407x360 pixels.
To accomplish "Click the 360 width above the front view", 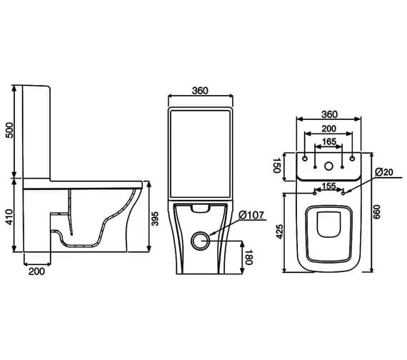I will (200, 91).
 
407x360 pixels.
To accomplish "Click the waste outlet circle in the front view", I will (201, 240).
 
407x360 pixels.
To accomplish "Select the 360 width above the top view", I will (329, 114).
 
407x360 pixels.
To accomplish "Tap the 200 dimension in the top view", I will (329, 129).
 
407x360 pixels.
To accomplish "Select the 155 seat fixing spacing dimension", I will (329, 187).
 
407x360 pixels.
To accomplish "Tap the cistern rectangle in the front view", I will (201, 154).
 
